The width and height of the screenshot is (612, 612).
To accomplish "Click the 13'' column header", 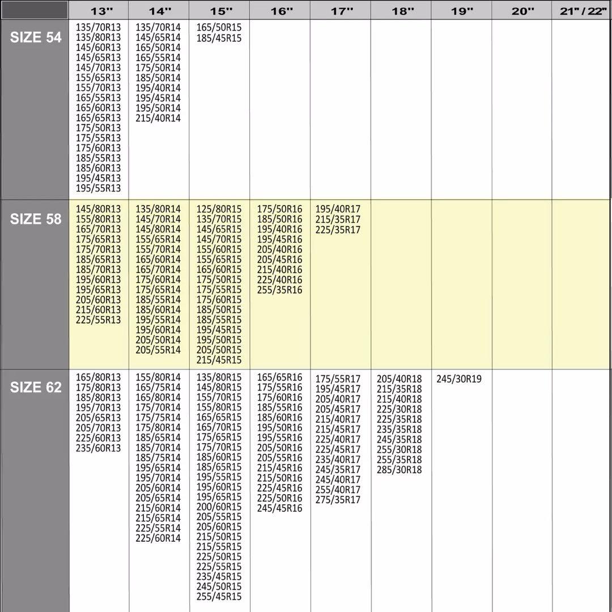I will point(98,11).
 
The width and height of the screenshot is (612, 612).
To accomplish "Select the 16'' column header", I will point(280,11).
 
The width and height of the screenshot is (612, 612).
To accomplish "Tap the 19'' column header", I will point(461,11).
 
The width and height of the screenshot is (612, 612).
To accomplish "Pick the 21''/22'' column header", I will point(581,11).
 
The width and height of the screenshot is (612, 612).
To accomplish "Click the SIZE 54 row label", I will point(35,37).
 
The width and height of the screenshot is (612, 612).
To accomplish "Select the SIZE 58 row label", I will point(35,219).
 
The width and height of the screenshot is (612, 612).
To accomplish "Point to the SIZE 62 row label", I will point(35,388).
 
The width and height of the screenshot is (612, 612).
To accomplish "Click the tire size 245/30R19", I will point(459,379).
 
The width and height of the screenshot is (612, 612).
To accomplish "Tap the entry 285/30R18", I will point(399,470).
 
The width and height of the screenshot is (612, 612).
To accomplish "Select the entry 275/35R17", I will point(338,500).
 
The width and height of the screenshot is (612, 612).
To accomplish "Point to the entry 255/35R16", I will point(280,290).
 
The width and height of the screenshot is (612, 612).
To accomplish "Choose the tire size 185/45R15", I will point(219,38).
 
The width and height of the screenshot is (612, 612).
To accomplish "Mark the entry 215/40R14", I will point(158,118).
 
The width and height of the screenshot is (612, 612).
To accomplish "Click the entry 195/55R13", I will point(99,188).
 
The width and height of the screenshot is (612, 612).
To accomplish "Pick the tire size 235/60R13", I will point(99,448).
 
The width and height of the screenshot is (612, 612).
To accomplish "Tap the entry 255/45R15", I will point(219,597).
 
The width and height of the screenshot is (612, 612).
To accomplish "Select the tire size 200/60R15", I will point(219,507).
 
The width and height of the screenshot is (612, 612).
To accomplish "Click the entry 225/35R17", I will point(338,230).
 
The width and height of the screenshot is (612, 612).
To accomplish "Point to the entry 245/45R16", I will point(280,508).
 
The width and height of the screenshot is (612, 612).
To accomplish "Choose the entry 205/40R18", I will point(399,379).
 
